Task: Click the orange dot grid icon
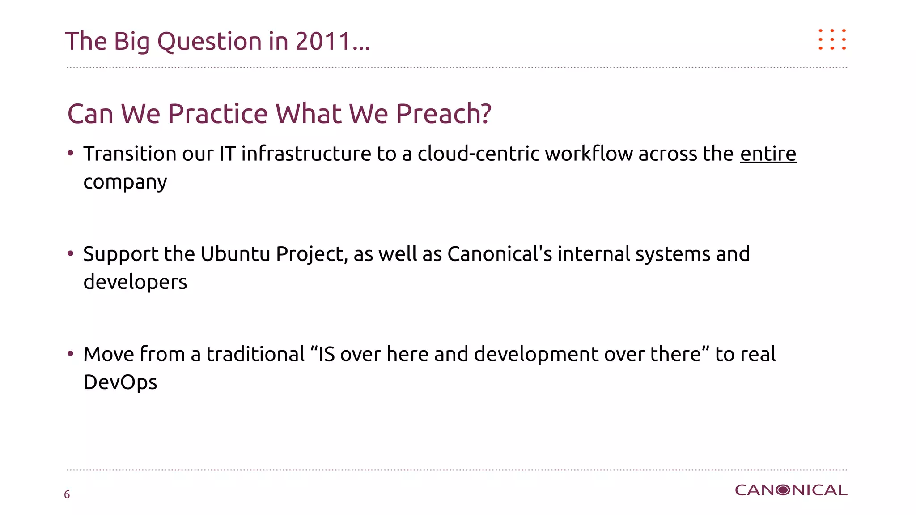[x=832, y=39]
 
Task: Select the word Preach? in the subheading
[x=443, y=114]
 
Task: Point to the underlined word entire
[x=768, y=154]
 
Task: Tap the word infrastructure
[x=306, y=154]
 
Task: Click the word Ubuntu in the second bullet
[x=235, y=254]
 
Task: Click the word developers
[x=135, y=282]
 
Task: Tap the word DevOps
[x=120, y=382]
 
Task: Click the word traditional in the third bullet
[x=255, y=354]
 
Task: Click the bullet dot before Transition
[x=71, y=153]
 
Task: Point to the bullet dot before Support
[x=71, y=253]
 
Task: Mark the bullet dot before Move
[x=71, y=354]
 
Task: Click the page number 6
[x=67, y=494]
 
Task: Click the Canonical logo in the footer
[x=791, y=490]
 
